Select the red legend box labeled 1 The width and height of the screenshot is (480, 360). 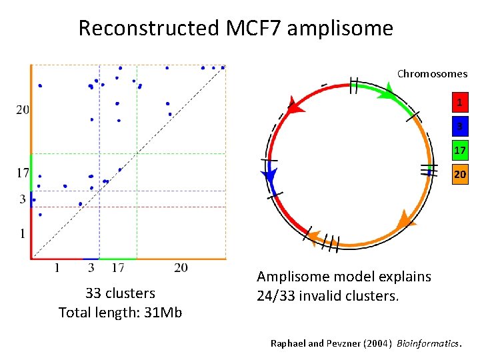tap(459, 103)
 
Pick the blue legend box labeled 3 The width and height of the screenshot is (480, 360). tap(459, 127)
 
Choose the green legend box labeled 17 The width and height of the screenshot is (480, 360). tap(459, 151)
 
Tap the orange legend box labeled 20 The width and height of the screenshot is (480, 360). tap(459, 175)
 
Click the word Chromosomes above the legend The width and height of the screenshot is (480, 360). tap(432, 74)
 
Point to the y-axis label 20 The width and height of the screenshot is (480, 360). tap(22, 109)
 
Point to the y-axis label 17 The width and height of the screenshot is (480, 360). tap(22, 173)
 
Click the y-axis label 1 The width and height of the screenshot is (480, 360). tap(23, 233)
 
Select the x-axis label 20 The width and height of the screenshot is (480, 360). tap(181, 268)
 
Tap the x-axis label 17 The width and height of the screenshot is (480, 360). tap(117, 268)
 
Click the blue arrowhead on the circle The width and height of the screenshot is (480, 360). tap(269, 177)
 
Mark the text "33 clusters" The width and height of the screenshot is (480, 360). tap(120, 293)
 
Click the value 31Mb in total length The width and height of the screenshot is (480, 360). tap(163, 312)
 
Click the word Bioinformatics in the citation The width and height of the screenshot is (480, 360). tap(428, 343)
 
